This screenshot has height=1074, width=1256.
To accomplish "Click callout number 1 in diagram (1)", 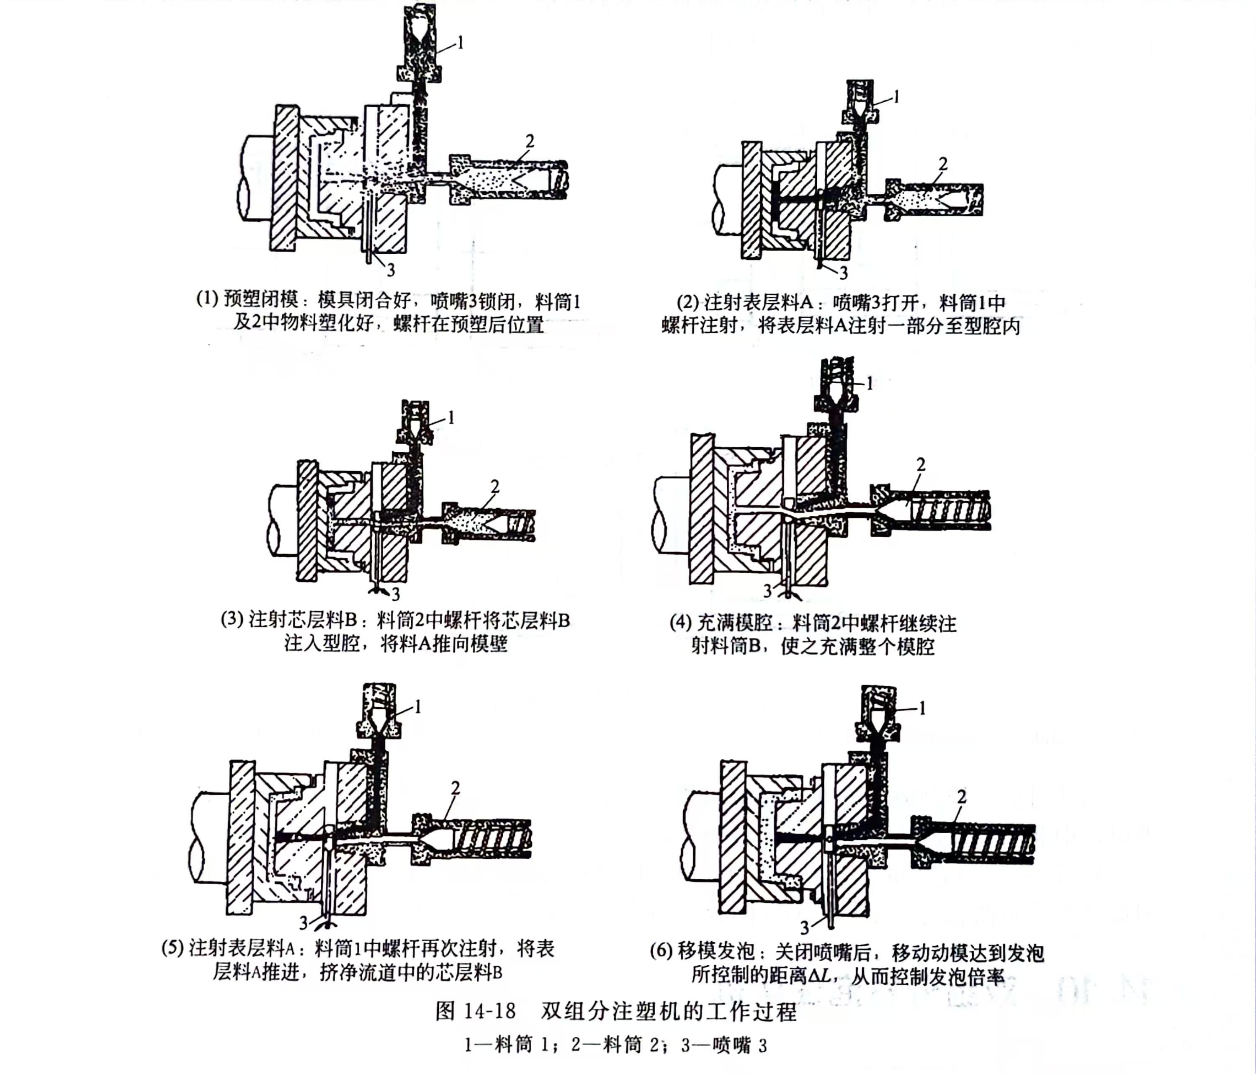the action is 461,42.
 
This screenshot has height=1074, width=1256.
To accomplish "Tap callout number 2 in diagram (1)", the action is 530,141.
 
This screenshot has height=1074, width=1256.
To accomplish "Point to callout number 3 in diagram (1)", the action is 391,270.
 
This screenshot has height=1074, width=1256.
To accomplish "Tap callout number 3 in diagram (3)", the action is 395,593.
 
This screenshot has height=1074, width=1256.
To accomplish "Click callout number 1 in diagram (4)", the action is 870,383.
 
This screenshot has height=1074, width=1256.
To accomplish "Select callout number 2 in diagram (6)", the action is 961,797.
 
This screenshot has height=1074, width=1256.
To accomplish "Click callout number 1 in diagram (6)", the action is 923,708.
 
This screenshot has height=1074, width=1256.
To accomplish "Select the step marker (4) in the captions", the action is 681,623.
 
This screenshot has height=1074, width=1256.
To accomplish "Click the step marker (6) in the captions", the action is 661,950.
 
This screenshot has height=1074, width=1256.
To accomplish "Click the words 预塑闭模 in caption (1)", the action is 261,299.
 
